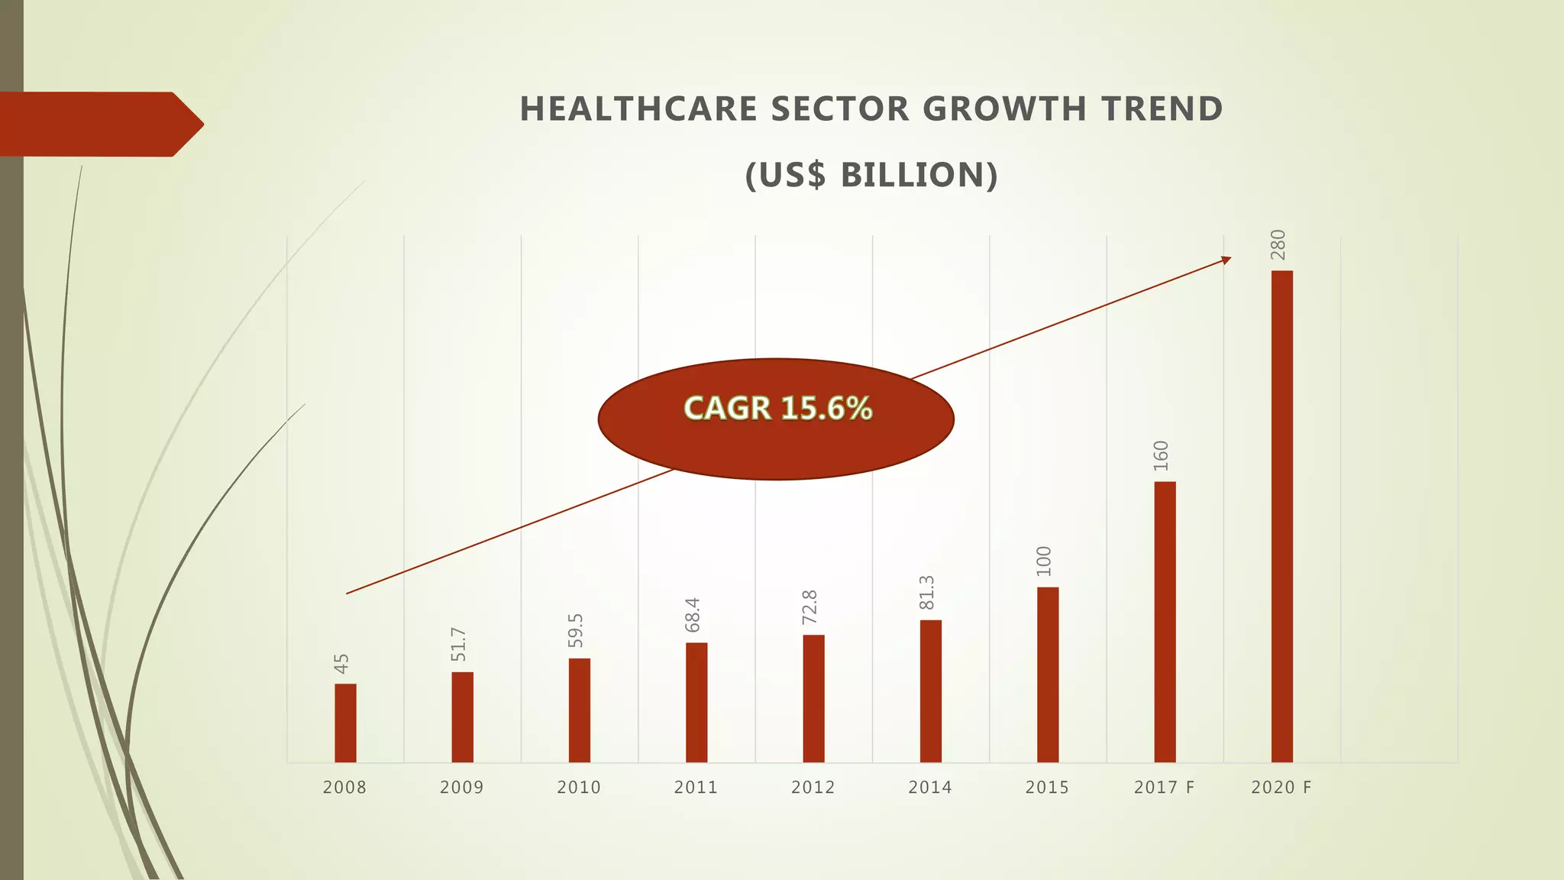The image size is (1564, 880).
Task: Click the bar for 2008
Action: coord(345,723)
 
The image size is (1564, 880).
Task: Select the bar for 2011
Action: coord(696,702)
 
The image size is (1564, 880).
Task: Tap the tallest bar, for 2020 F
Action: coord(1281,516)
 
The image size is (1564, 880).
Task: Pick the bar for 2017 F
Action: coord(1165,622)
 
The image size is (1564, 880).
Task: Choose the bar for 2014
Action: coord(930,691)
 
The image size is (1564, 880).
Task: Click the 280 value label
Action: coord(1278,244)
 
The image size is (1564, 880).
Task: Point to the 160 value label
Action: coord(1161,456)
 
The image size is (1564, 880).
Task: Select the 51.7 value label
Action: coord(458,644)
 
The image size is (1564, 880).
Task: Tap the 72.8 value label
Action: coord(809,607)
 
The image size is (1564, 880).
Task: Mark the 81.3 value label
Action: coord(926,593)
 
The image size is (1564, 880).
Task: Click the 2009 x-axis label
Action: coord(461,788)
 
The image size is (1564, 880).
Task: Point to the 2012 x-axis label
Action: coord(813,788)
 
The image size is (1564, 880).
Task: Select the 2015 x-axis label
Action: coord(1047,788)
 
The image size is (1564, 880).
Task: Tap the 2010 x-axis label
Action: coord(579,788)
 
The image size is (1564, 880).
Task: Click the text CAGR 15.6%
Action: coord(777,409)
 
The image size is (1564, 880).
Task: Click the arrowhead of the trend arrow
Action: coord(1226,260)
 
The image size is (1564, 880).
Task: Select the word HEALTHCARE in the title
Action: coord(638,109)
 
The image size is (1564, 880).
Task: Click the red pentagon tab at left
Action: coord(99,124)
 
